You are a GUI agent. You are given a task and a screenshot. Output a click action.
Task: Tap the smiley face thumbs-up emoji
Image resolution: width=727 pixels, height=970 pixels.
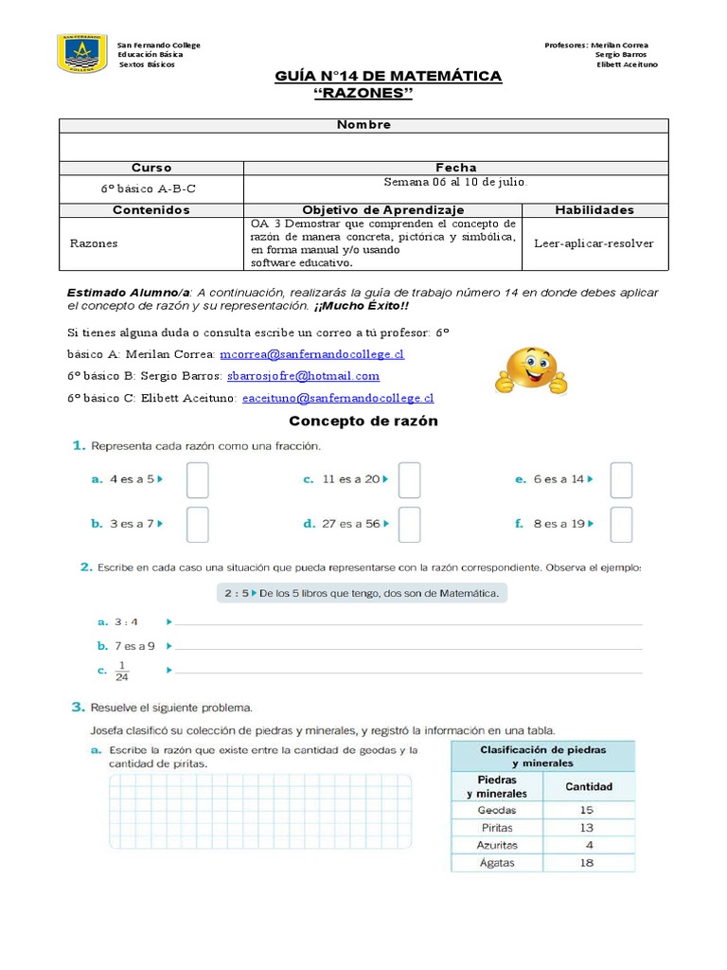(x=531, y=372)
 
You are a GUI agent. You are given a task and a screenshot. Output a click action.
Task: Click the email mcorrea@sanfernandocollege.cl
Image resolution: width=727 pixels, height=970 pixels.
(x=311, y=354)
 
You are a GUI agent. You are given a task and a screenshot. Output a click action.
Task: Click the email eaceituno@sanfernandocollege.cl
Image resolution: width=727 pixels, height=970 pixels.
(x=337, y=399)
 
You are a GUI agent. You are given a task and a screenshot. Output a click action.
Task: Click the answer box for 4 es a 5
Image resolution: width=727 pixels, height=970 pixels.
(x=197, y=480)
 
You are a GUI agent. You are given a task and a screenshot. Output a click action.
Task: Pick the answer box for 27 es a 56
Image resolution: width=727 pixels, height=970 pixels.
(x=409, y=524)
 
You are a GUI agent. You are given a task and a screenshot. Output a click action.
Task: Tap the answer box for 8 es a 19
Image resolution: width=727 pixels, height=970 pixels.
(x=621, y=524)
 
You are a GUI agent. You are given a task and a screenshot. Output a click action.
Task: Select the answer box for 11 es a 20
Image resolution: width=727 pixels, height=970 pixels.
(x=409, y=480)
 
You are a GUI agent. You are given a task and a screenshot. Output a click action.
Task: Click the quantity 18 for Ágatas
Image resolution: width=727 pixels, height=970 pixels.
(x=588, y=863)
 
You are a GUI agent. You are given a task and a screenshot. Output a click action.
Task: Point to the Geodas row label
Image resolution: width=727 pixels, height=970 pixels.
(x=497, y=810)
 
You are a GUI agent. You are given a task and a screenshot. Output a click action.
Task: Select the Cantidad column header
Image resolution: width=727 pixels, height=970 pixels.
(x=588, y=786)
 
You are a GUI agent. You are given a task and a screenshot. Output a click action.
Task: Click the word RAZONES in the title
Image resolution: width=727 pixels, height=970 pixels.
(x=363, y=93)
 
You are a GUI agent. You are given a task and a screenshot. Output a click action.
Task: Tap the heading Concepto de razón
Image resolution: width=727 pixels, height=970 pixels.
(x=363, y=421)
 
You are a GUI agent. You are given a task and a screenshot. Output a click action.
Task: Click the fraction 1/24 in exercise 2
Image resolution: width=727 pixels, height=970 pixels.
(x=120, y=671)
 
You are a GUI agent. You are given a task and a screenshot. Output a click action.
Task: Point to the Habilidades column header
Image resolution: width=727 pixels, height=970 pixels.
(x=594, y=210)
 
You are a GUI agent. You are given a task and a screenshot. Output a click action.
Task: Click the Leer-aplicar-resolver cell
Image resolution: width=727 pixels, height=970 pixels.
(x=594, y=243)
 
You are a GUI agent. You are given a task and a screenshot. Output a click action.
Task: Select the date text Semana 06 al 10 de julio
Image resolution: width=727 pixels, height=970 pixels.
(x=455, y=182)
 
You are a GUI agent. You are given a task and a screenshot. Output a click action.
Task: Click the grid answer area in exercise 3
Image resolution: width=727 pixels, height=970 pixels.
(x=260, y=816)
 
